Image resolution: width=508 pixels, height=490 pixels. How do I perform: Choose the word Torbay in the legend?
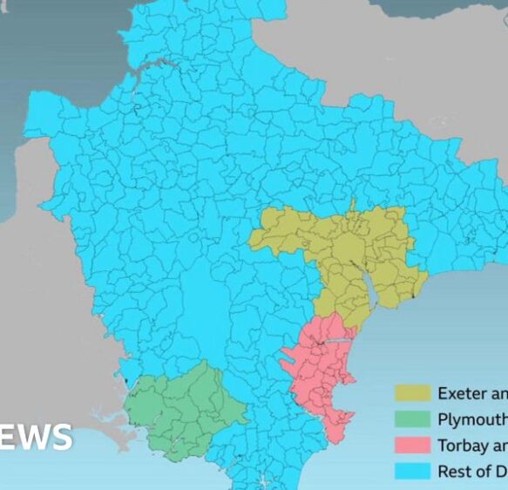(x=463, y=445)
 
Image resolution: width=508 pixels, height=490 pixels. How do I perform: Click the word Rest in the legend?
(x=453, y=471)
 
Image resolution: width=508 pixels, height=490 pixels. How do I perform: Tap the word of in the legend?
(x=483, y=471)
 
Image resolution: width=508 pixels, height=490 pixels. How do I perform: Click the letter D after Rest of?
(x=500, y=471)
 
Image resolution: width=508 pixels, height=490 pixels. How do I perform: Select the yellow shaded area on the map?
(x=349, y=253)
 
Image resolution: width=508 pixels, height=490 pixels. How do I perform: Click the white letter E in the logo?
(x=7, y=437)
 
